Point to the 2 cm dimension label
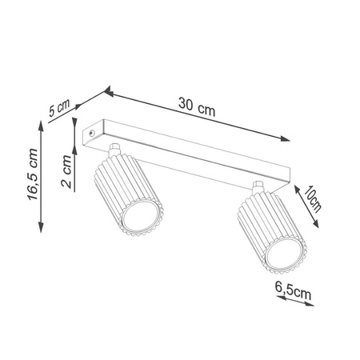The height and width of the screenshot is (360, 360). coord(68,171)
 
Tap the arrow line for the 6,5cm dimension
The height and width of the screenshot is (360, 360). coord(292,302)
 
